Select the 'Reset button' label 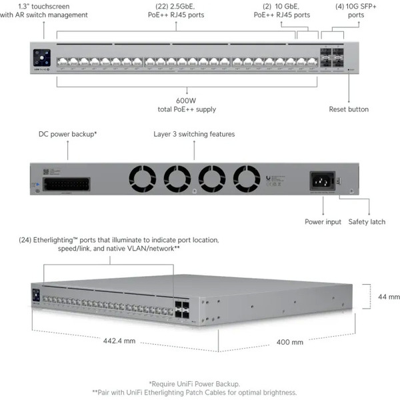(349, 109)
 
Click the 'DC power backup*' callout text (68, 134)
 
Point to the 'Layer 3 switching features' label (194, 134)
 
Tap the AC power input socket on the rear (319, 180)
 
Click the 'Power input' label (323, 222)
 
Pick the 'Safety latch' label (367, 222)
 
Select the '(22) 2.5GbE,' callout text (177, 6)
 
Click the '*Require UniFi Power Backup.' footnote (199, 383)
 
